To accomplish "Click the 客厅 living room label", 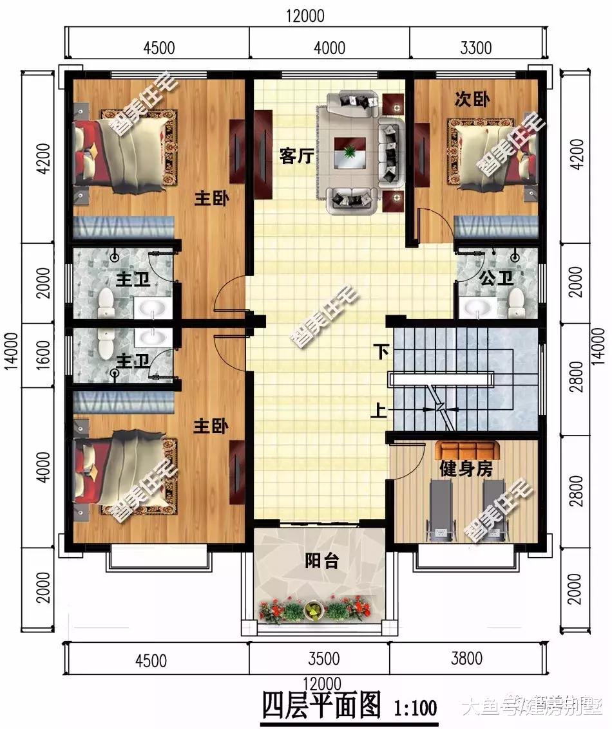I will [296, 156].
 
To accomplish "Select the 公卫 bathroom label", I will [496, 278].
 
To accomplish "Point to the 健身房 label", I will [466, 469].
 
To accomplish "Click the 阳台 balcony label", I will [321, 561].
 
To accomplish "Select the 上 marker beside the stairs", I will [381, 409].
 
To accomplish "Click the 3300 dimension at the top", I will [477, 48].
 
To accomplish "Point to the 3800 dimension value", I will [466, 660].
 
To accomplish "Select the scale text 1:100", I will [415, 708].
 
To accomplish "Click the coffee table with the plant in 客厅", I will [350, 152].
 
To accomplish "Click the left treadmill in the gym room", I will [441, 508].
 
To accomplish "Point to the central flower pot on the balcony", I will [313, 610].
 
